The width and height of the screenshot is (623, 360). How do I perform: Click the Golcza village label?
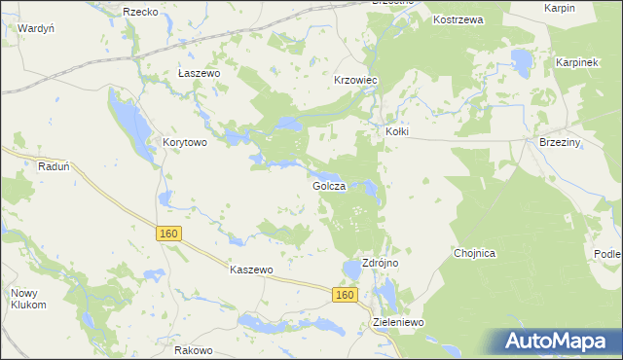tap(329, 186)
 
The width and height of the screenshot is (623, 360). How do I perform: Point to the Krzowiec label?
tap(355, 80)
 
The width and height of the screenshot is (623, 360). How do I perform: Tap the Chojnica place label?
tap(475, 253)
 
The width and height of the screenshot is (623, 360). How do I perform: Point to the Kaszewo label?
tap(250, 270)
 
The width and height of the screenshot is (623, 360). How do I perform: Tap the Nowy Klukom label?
tap(28, 299)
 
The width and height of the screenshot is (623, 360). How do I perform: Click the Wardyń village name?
tap(35, 28)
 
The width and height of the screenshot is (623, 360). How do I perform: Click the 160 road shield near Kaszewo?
tap(168, 234)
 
